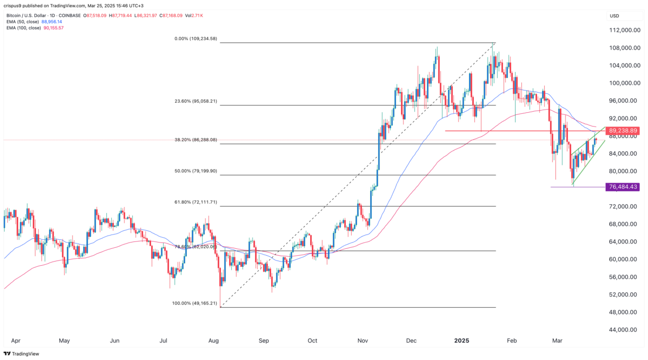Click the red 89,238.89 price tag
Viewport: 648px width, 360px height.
pos(624,131)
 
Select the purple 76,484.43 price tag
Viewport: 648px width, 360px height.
pos(624,187)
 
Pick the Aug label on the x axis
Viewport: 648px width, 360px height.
pos(214,341)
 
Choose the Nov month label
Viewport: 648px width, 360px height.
pos(363,341)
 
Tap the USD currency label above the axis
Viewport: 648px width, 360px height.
pos(615,16)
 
